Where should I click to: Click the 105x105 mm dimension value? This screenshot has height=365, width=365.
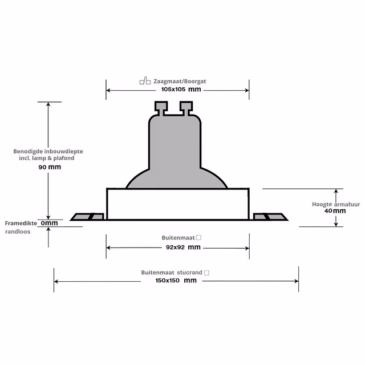pos(181,90)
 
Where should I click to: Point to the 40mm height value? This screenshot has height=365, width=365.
pos(335,210)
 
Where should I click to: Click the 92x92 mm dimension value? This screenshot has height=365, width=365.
pos(179,247)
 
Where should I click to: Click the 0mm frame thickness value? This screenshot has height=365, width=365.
pos(50,223)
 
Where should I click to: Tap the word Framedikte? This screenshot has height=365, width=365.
pos(21,223)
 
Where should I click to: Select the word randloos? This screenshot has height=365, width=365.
pos(19,232)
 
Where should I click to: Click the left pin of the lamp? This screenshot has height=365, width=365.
pos(160,107)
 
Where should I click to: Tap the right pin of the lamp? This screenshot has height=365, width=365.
pos(186,107)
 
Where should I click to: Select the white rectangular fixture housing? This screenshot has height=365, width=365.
pos(178,204)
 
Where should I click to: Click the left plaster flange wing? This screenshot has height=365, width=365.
pos(87,217)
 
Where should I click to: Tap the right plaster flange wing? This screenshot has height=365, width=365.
pos(269,217)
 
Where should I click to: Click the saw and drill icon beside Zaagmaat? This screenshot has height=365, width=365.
pos(145,82)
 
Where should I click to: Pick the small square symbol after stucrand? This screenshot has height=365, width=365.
pos(206,273)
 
